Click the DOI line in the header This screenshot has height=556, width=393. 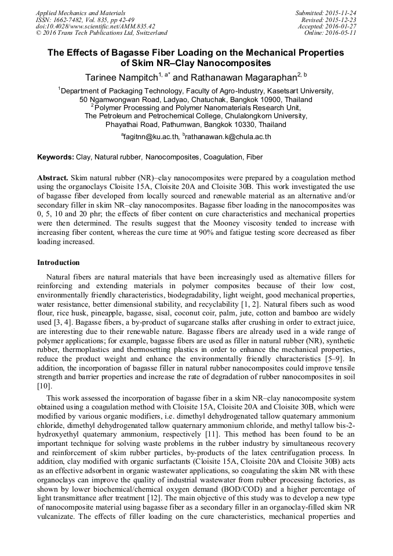click(x=95, y=26)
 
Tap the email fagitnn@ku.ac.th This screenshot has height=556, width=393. click(x=151, y=137)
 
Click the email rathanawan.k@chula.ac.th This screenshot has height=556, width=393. click(x=228, y=137)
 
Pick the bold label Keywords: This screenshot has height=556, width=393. click(x=56, y=157)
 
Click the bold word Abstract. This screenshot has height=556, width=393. click(x=53, y=177)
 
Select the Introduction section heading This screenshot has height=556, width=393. click(x=59, y=263)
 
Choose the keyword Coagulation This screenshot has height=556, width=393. click(x=223, y=157)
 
